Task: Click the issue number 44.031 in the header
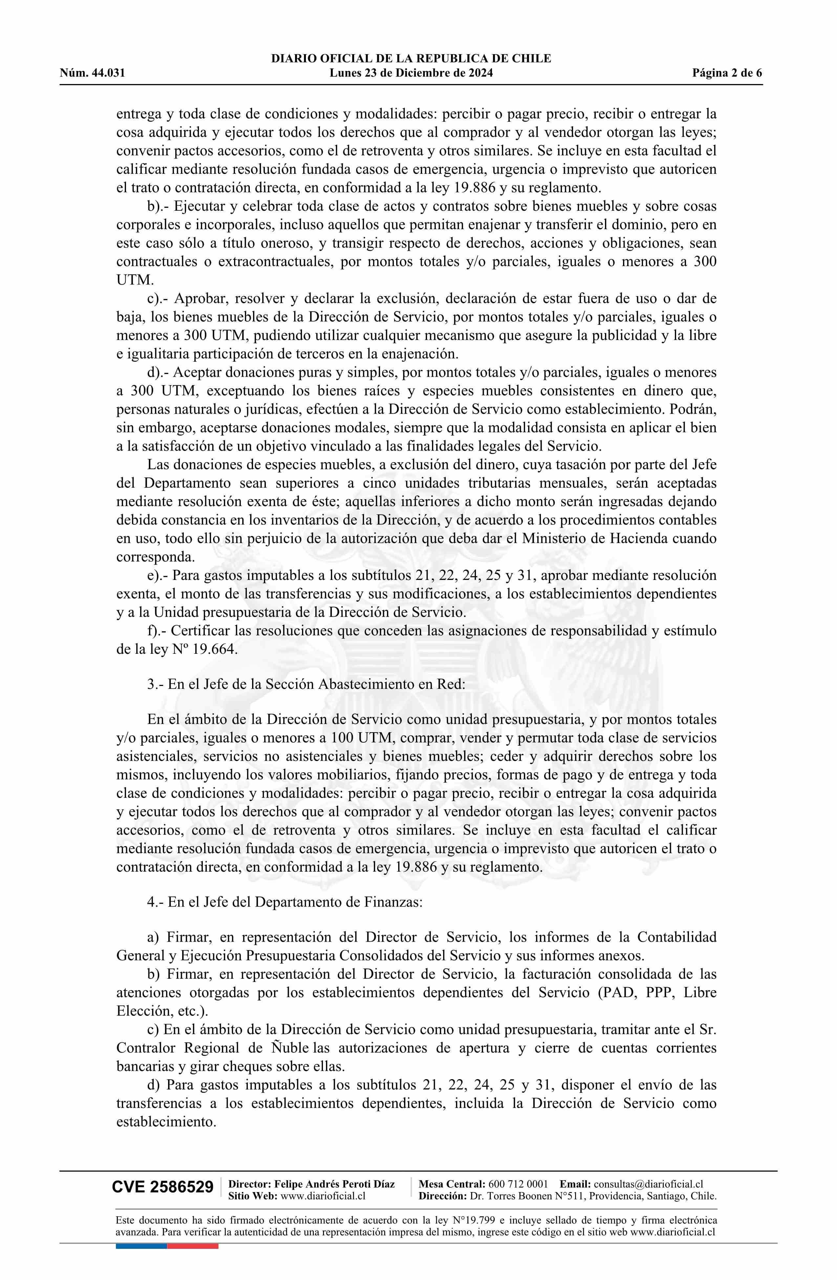click(108, 73)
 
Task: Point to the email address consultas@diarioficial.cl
click(648, 1184)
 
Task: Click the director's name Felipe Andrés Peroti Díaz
click(334, 1184)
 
